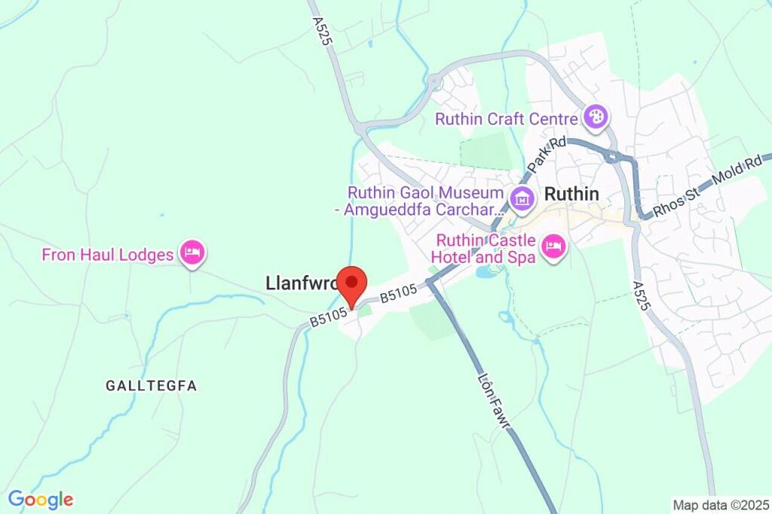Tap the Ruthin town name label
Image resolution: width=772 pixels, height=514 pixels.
(x=571, y=194)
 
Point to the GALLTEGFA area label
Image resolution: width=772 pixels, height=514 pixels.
(x=152, y=386)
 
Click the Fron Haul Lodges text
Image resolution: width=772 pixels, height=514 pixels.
(x=108, y=255)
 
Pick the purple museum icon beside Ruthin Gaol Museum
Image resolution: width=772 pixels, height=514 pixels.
(x=521, y=200)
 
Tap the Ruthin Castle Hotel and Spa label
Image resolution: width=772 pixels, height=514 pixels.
(x=487, y=249)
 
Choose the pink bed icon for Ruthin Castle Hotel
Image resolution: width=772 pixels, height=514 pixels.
(x=553, y=246)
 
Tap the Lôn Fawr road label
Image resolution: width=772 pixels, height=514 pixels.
(x=495, y=403)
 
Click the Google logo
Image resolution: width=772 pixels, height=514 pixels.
(x=41, y=499)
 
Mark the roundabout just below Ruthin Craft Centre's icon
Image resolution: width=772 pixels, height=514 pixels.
(x=612, y=157)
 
